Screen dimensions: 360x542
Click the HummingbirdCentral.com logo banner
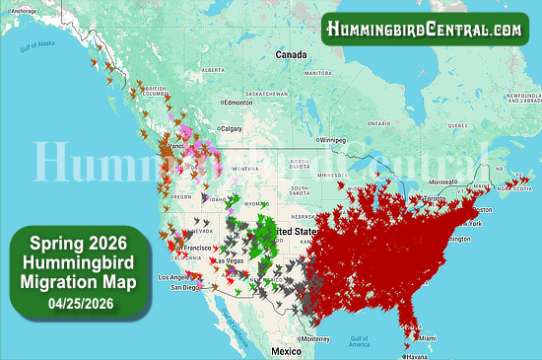pos(424,30)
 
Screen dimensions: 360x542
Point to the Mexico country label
pos(287,351)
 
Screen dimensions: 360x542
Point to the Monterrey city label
pos(316,337)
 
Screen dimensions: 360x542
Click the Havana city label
pos(419,356)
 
